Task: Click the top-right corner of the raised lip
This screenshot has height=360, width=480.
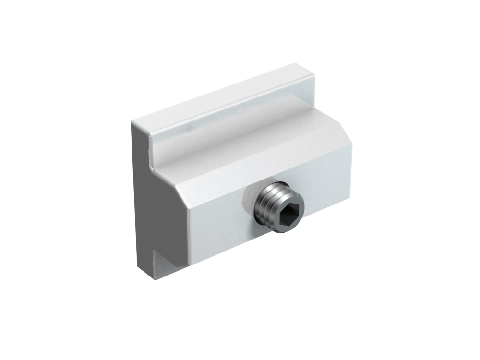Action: pos(313,73)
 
